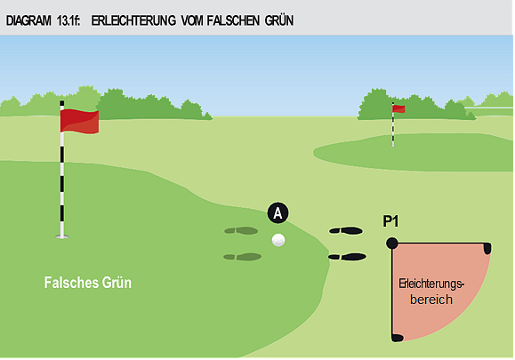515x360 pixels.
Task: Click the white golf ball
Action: [x=278, y=239]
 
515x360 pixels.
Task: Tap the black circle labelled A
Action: [x=278, y=213]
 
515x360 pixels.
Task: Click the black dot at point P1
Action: [x=392, y=243]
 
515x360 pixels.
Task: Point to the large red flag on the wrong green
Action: [x=79, y=122]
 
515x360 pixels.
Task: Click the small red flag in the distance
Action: [x=399, y=109]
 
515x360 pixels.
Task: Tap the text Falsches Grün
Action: [x=87, y=284]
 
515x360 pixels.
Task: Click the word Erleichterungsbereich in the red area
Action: [x=431, y=291]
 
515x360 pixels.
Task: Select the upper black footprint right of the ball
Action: [x=346, y=230]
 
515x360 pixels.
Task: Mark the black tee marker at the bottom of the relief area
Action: [x=397, y=337]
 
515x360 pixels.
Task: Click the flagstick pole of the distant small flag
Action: [x=393, y=129]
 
